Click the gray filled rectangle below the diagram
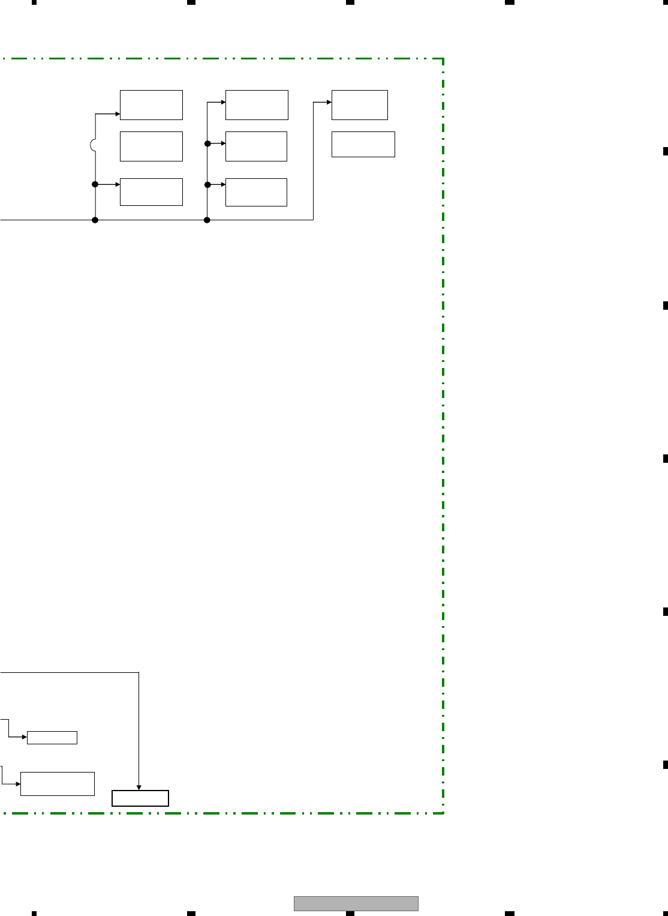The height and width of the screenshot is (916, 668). point(356,903)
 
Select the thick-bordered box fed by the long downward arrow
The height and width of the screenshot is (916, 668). point(140,798)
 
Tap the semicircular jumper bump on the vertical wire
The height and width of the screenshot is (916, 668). point(93,145)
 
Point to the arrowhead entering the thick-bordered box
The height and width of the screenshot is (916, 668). point(139,788)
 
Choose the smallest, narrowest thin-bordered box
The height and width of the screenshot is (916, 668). point(52,738)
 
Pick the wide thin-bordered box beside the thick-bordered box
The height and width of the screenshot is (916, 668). point(58,784)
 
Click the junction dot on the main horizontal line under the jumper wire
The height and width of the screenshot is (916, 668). point(95,220)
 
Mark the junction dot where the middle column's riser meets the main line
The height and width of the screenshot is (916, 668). point(207,220)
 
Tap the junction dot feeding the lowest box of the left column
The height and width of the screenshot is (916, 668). point(95,184)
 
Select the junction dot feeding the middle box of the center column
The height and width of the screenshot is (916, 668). point(207,143)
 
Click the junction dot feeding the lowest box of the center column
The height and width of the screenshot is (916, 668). point(207,184)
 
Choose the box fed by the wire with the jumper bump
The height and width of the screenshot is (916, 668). point(151,105)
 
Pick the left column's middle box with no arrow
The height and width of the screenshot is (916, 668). point(151,146)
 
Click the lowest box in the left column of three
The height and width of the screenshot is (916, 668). point(151,192)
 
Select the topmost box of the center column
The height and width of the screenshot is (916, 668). point(257,105)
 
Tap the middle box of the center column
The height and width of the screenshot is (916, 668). point(256,146)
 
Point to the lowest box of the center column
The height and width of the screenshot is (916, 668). point(256,192)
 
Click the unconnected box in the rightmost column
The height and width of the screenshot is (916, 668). point(363,144)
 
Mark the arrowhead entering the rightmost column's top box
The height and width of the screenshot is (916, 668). point(329,102)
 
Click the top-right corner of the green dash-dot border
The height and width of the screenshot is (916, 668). point(443,59)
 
